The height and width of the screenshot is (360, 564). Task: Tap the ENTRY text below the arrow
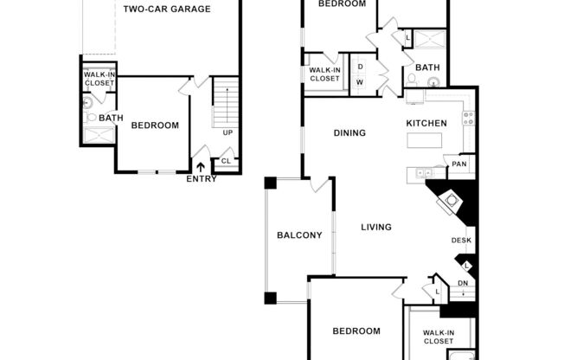point(202,179)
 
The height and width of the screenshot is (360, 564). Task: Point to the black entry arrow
point(202,167)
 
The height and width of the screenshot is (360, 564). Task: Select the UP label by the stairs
point(227,132)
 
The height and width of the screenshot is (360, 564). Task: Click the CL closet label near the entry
point(225,160)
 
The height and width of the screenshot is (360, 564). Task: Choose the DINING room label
point(350,133)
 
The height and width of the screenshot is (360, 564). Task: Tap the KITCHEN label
point(426,124)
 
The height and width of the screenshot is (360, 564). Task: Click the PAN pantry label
point(458,164)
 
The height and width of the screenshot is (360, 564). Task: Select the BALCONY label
point(299,235)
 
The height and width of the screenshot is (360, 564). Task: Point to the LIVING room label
point(376,228)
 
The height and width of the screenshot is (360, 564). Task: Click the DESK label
point(460,241)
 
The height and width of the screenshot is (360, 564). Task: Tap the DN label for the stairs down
point(463,284)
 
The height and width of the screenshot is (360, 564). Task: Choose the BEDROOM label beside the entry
point(155,125)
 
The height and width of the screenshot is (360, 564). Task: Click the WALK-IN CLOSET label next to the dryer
point(324,74)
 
